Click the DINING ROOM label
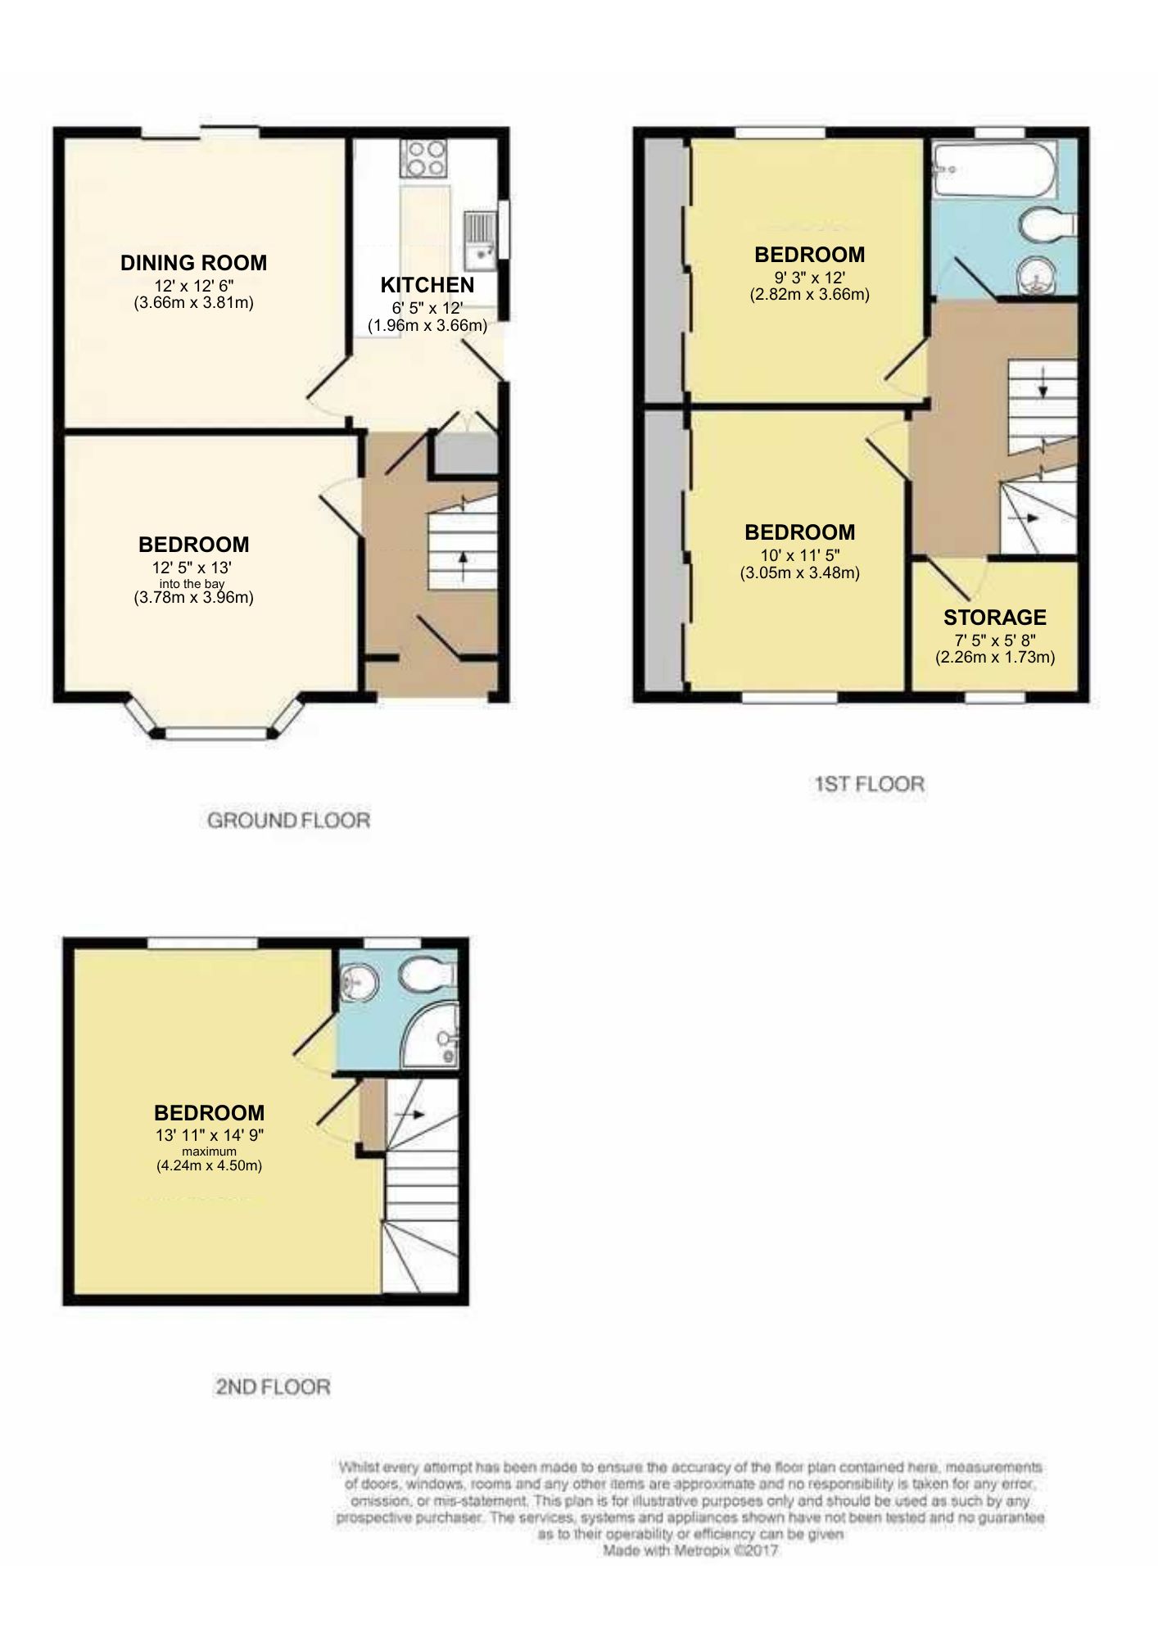[x=193, y=263]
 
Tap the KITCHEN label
[x=427, y=285]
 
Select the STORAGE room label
[x=995, y=618]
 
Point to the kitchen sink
[x=480, y=240]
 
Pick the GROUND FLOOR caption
[x=288, y=820]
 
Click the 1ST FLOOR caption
[x=869, y=784]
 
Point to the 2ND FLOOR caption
[x=273, y=1387]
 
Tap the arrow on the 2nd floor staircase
[x=409, y=1115]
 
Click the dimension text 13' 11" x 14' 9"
[x=210, y=1135]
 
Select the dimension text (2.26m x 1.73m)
[x=995, y=657]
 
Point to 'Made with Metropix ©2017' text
[x=690, y=1551]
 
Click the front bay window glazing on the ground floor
[x=217, y=734]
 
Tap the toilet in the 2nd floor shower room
[x=427, y=975]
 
